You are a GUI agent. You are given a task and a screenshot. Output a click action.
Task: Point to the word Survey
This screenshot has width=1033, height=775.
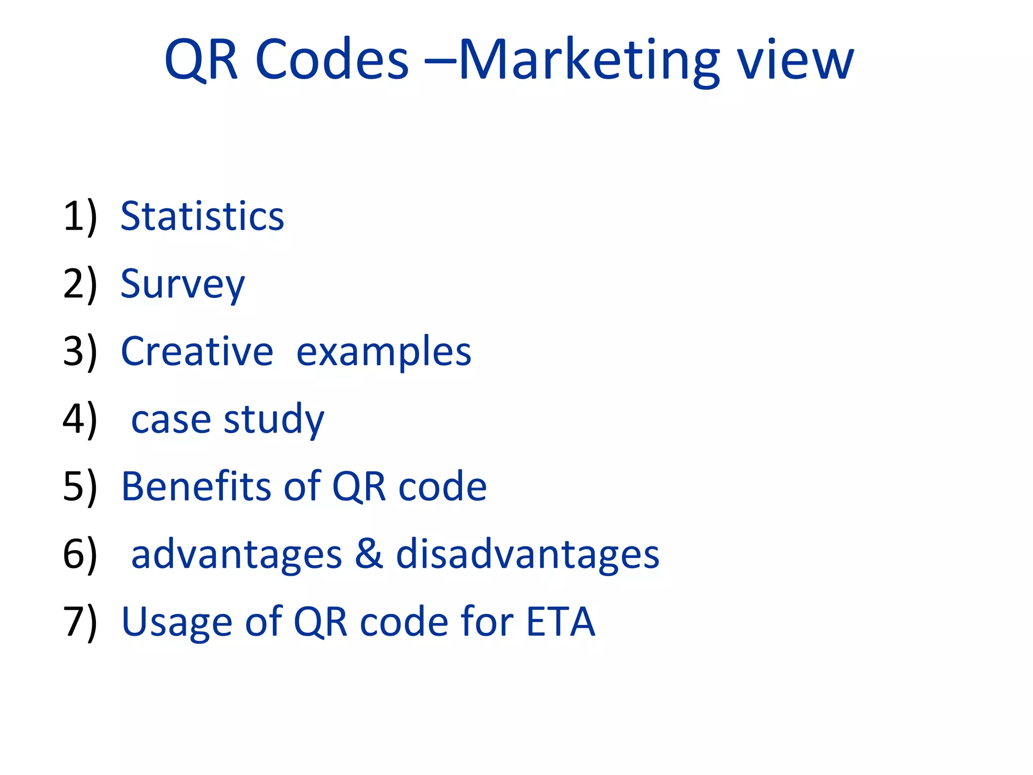183,285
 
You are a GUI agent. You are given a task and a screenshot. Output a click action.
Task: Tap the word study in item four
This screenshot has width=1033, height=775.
274,420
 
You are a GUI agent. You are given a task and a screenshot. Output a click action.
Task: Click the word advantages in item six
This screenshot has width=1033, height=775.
237,555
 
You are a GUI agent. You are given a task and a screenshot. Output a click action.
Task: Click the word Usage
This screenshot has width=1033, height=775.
177,623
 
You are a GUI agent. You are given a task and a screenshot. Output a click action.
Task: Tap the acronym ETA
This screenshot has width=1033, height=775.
560,622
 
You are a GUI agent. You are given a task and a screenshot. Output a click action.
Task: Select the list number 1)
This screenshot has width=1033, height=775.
80,217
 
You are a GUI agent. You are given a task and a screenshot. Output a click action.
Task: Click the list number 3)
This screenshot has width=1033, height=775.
80,352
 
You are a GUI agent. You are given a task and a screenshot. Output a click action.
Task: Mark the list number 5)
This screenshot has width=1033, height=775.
80,487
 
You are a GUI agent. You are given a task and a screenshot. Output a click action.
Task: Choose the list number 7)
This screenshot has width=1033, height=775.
80,622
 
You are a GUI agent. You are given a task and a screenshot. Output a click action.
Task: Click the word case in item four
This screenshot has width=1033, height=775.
171,420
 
